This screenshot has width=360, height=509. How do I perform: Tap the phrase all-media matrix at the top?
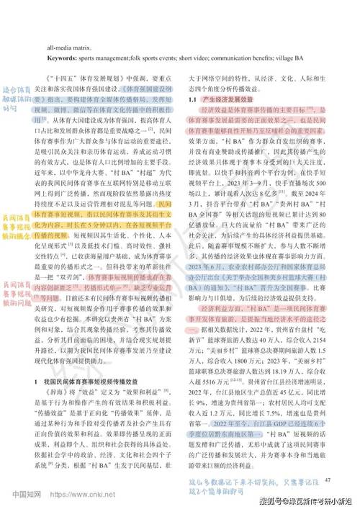click(69, 45)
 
